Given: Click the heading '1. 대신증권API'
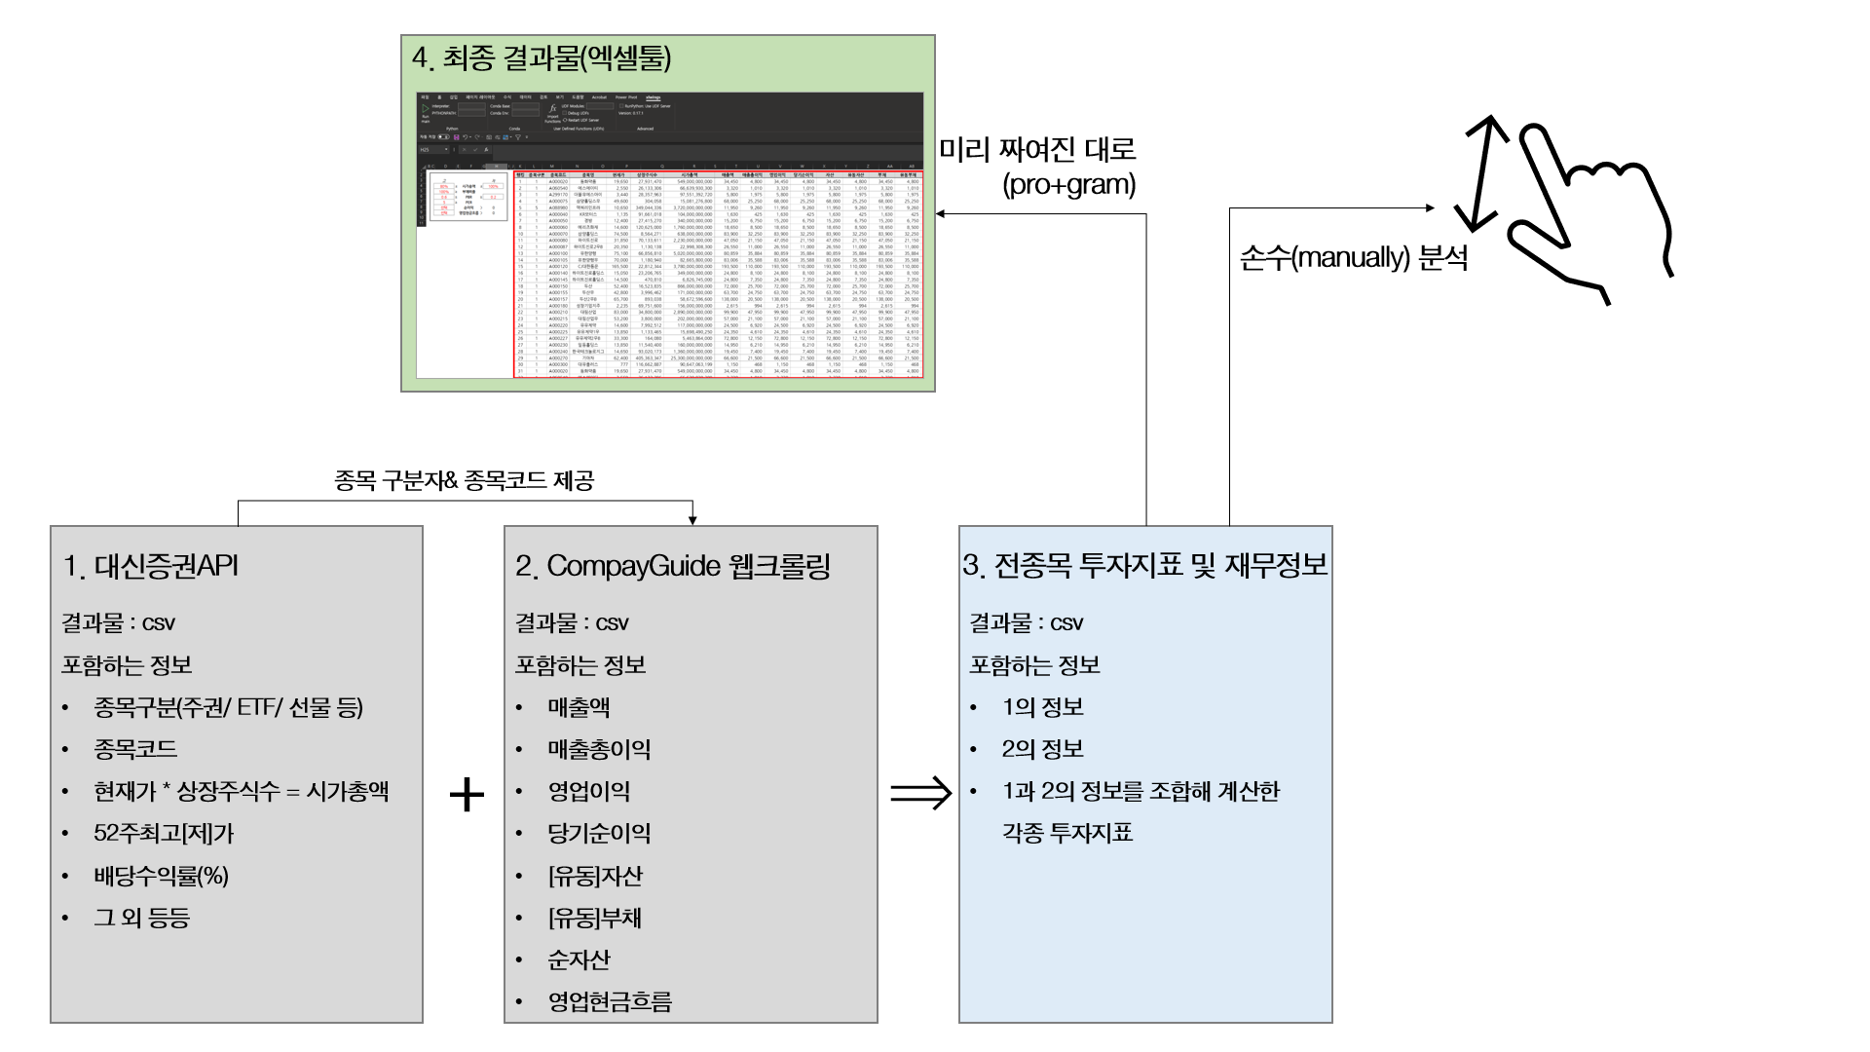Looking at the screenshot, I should (x=151, y=566).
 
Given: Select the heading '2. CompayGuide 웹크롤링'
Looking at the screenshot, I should (x=673, y=566).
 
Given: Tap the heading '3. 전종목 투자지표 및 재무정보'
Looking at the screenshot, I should (x=1144, y=565).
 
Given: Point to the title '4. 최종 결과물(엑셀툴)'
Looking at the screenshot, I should (x=542, y=57).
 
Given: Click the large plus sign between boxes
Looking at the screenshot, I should (x=467, y=794).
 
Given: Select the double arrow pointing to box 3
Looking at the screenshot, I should (x=920, y=792).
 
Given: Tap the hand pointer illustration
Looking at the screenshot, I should (x=1588, y=209).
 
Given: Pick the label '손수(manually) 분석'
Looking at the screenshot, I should (x=1353, y=258).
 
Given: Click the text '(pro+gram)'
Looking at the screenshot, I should (x=1068, y=185).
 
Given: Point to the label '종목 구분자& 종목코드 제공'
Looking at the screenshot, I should (x=464, y=480).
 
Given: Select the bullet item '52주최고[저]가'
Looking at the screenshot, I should (x=164, y=834).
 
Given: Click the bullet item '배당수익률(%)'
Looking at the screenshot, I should (x=161, y=876).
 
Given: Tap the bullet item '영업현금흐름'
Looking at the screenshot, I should (x=610, y=1001).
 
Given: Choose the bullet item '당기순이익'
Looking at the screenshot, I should (x=599, y=834).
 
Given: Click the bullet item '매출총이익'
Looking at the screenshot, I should (x=599, y=749).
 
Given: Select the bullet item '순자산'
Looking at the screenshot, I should (x=579, y=959).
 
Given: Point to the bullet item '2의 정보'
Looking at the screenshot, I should (x=1042, y=749).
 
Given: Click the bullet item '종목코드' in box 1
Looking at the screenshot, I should (x=135, y=749).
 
